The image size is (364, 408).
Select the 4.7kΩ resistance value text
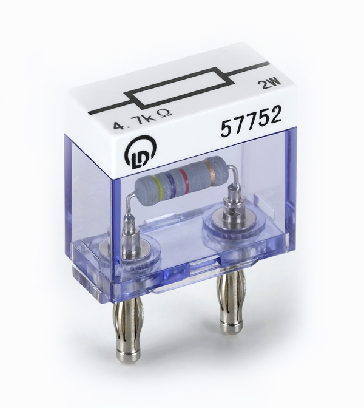point(143,120)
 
